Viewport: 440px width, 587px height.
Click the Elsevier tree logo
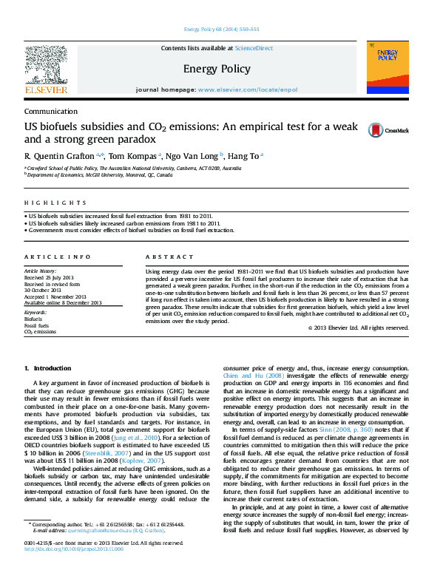[47, 66]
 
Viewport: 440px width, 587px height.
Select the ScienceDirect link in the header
[254, 49]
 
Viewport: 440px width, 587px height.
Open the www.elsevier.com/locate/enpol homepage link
[248, 89]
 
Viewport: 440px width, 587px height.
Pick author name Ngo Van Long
[187, 156]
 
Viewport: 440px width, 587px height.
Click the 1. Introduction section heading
[48, 367]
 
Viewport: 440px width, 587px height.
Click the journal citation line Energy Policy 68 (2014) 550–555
[220, 30]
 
